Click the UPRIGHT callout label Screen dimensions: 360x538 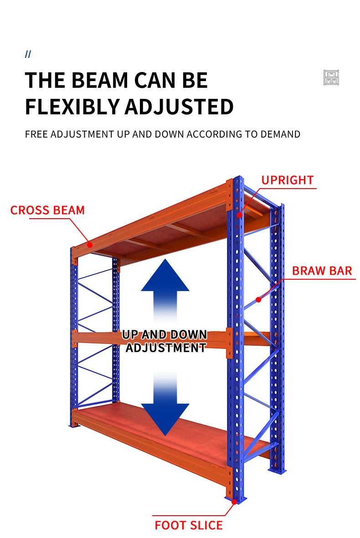coord(288,180)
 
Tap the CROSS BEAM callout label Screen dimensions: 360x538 coord(47,210)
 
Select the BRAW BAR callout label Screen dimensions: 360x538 coord(322,271)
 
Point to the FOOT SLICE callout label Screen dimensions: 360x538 coord(188,525)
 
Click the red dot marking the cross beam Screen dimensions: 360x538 coord(90,245)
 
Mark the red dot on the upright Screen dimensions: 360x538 coord(240,215)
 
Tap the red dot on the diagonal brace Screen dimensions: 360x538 coord(258,300)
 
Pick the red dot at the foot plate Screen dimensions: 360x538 coord(234,502)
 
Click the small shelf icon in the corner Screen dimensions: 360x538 coord(331,77)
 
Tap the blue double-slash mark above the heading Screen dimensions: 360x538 coord(28,54)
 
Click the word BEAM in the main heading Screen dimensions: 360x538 coord(100,80)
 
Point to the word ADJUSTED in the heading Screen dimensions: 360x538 coord(179,107)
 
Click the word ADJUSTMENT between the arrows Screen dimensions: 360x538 coord(165,348)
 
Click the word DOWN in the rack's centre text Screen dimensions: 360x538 coord(188,334)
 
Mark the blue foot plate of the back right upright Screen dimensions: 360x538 coord(278,471)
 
